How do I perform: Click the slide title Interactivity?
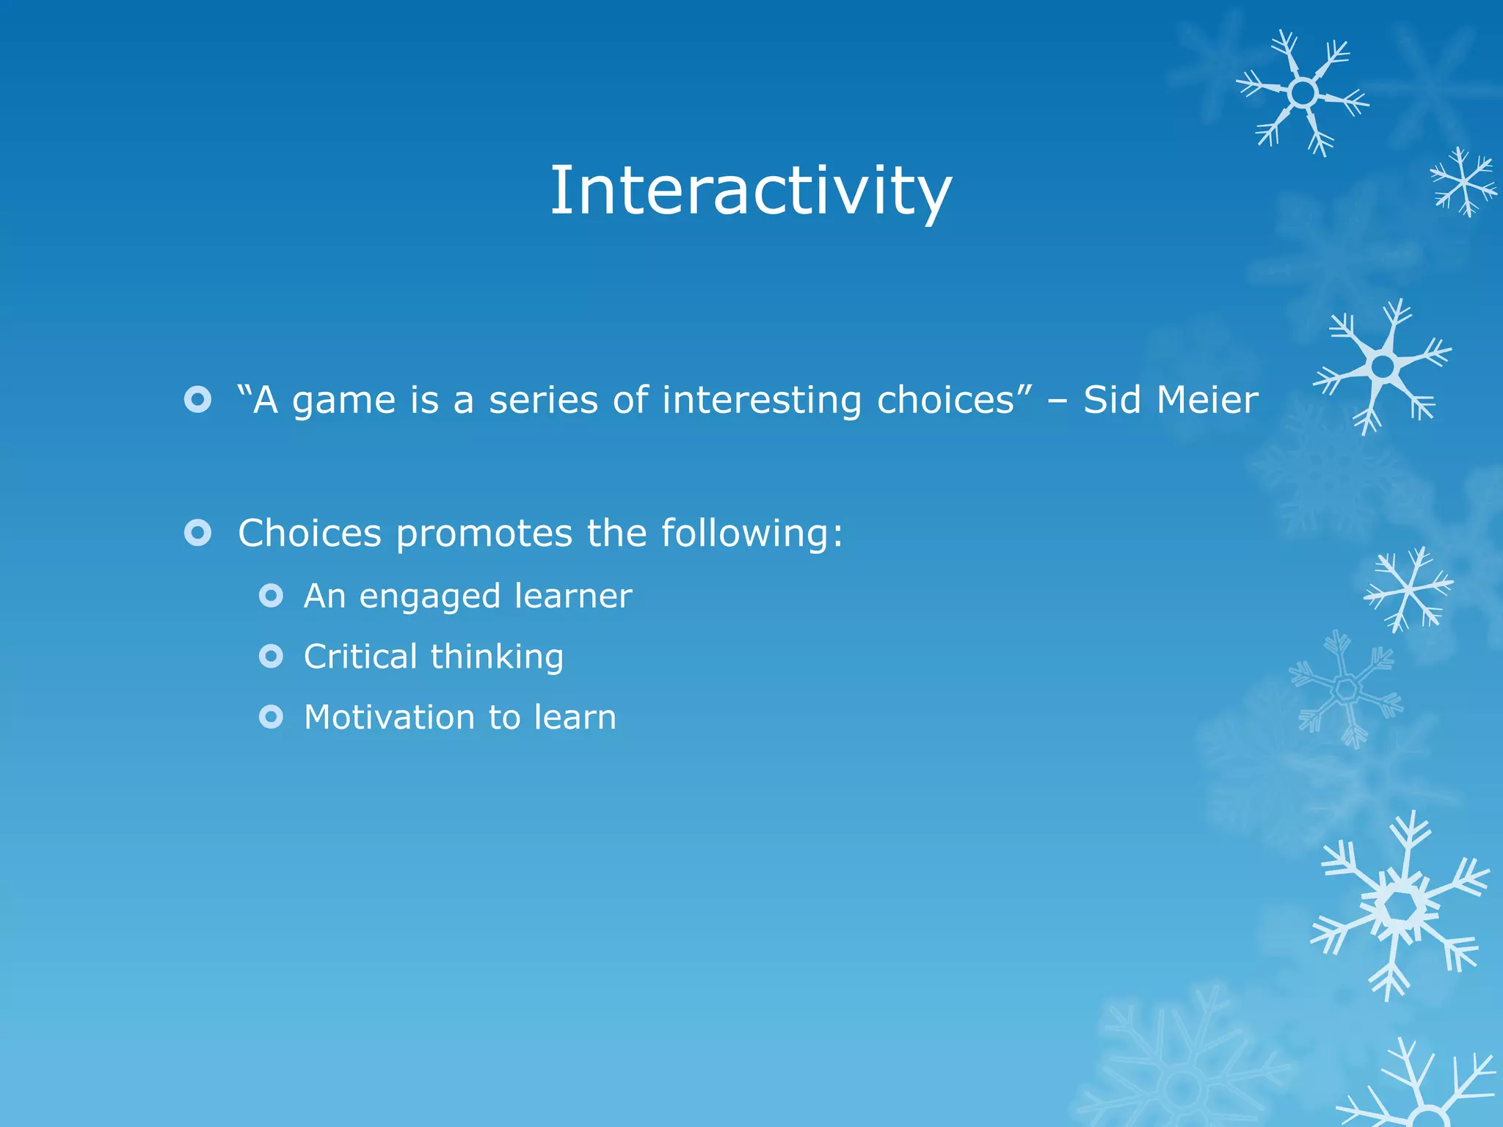coord(750,191)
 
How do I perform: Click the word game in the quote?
coord(334,401)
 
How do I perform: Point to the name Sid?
coord(1112,400)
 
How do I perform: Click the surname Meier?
coord(1207,400)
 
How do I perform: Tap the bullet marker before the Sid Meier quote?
coord(197,399)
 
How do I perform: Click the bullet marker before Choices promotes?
coord(197,533)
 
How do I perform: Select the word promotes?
coord(484,534)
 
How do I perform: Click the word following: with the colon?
coord(752,533)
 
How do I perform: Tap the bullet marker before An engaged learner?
coord(271,595)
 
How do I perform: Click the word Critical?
coord(360,656)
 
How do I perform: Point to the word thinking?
coord(497,657)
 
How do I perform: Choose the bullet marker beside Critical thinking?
coord(271,656)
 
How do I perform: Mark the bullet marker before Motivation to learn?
coord(271,716)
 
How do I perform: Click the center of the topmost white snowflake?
coord(1303,93)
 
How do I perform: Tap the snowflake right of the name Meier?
coord(1383,365)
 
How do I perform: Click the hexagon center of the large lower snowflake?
coord(1400,908)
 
